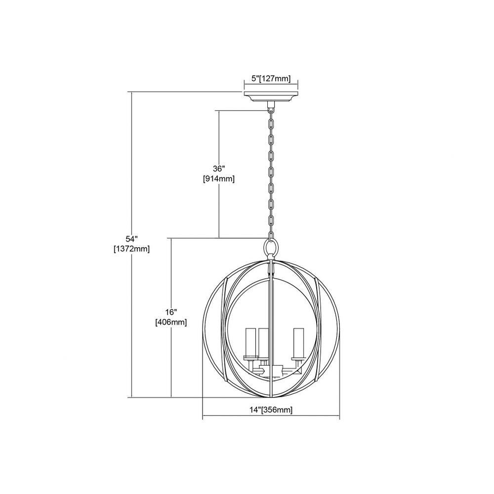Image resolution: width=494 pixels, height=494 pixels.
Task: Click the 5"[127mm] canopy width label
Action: [271, 79]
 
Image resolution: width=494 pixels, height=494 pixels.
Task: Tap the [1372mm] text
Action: [131, 249]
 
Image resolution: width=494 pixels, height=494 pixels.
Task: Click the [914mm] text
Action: [219, 179]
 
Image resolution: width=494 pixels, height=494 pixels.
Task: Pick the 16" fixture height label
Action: [171, 312]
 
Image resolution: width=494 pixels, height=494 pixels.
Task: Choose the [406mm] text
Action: [171, 323]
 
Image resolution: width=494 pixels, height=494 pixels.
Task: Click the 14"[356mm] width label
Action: [271, 410]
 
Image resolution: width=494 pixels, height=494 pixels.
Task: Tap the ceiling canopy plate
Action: [271, 97]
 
